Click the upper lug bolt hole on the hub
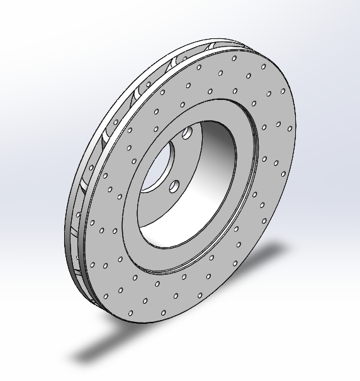point(187,134)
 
